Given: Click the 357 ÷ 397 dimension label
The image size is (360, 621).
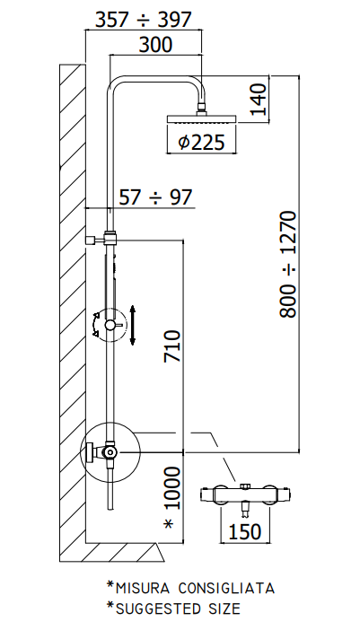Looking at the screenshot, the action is (x=144, y=20).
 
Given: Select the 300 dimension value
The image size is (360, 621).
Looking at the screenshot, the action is (x=155, y=44).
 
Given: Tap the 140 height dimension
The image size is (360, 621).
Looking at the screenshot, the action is (x=259, y=99).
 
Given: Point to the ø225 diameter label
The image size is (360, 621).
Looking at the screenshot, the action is (x=201, y=142).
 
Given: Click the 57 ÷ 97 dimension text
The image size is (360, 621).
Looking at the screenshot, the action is (x=155, y=197).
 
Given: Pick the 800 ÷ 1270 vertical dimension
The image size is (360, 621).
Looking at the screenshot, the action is (x=288, y=264).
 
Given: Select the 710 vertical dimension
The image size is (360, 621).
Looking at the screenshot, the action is (x=172, y=346).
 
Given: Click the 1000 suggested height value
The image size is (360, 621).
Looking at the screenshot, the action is (x=172, y=488).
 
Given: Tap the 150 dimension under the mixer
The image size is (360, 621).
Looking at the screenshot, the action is (x=245, y=531).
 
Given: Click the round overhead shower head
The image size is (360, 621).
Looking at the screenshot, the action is (x=202, y=118).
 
